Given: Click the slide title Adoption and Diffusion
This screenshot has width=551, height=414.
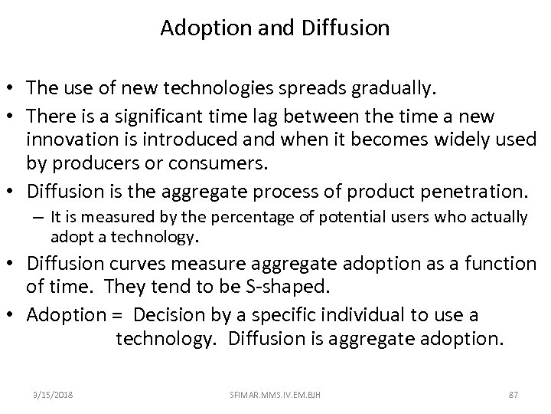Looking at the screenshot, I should tap(275, 28).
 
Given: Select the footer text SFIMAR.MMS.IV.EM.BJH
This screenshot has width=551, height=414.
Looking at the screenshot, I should tap(275, 395).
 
